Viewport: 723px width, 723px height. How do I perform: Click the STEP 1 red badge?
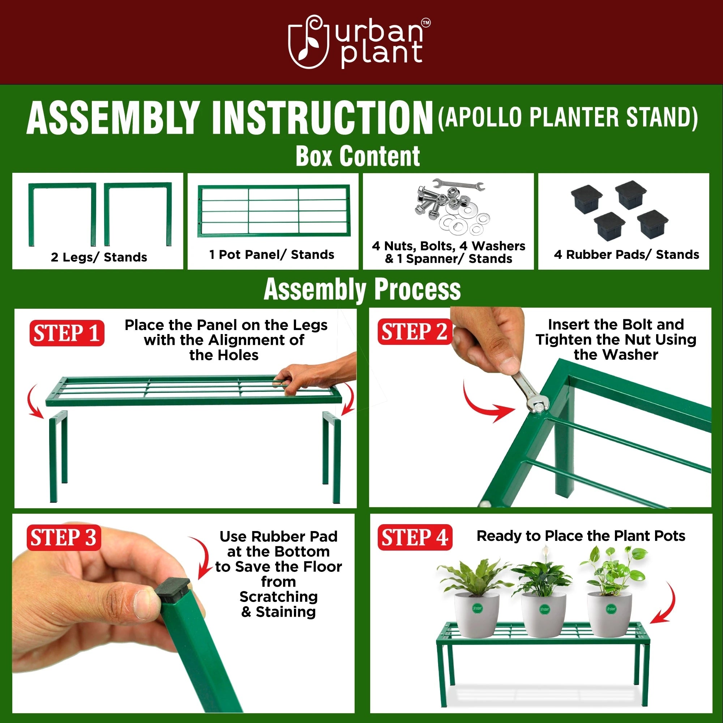point(67,333)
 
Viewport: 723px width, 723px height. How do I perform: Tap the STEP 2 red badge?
point(414,331)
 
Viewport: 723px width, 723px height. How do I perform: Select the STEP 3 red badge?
point(64,538)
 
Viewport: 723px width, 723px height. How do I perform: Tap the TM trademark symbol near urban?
point(425,23)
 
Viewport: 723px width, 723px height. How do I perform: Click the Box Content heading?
point(358,156)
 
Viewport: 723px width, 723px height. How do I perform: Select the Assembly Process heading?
point(362,290)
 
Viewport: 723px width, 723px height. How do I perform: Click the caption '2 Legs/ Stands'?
point(99,257)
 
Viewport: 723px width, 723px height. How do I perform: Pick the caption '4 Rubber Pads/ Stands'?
point(626,254)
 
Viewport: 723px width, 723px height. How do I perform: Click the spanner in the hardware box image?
point(458,184)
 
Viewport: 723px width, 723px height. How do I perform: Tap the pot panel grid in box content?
point(274,211)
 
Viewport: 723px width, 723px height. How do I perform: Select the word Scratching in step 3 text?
point(278,596)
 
